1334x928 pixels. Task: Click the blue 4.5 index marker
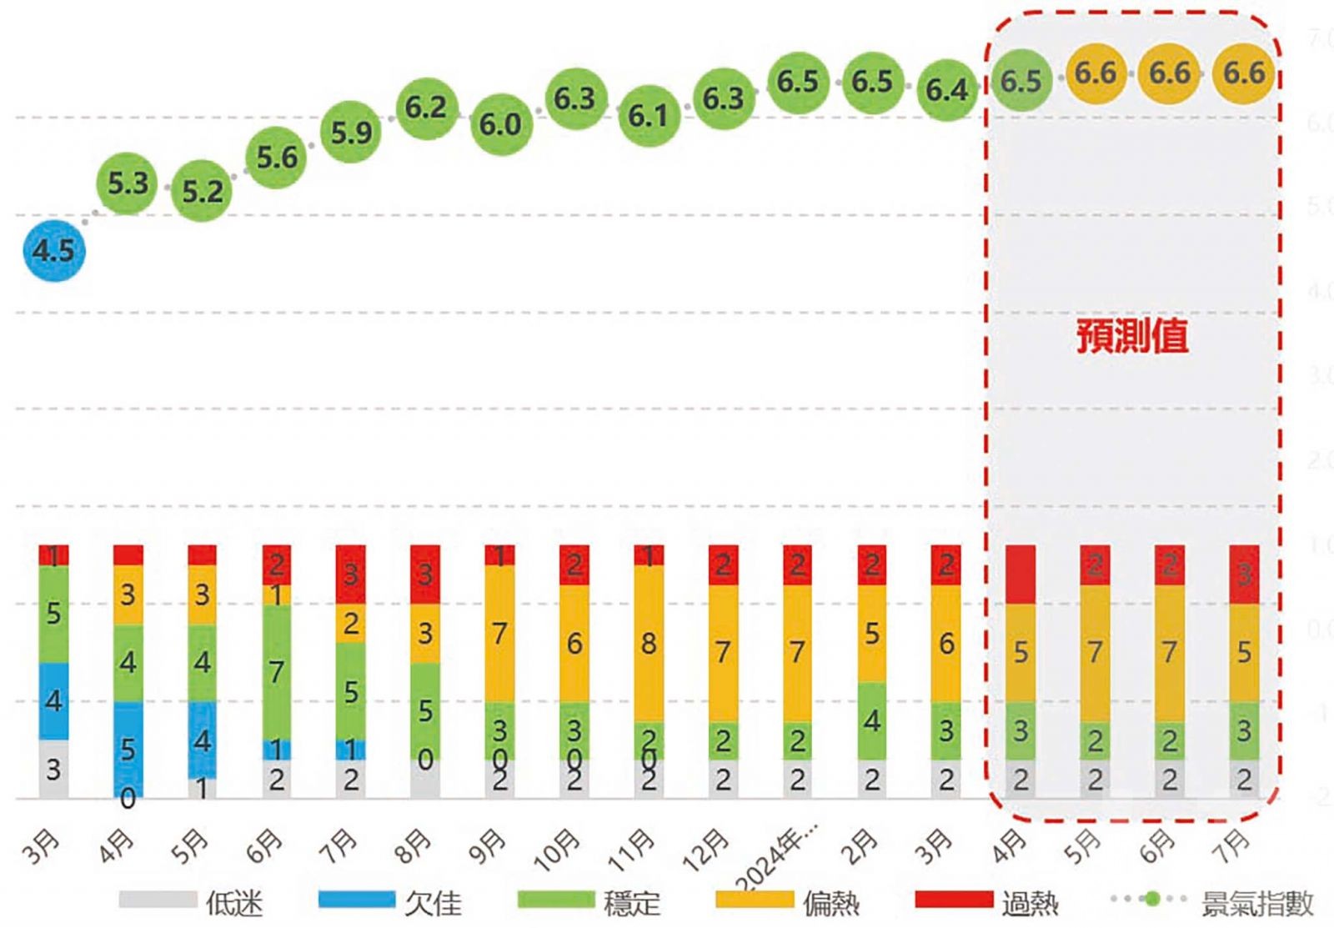[x=54, y=250]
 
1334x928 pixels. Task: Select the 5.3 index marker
[x=128, y=183]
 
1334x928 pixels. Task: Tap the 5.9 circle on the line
[x=351, y=132]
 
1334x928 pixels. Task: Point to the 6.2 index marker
[x=426, y=107]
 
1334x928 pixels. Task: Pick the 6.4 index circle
[x=947, y=89]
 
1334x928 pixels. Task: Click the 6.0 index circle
[x=500, y=124]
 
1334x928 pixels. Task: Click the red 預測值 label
[x=1131, y=336]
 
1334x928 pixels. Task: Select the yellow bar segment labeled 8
[x=649, y=643]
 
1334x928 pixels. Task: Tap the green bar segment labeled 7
[x=277, y=672]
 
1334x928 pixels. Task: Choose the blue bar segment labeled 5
[x=128, y=748]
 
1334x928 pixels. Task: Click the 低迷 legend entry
[x=191, y=901]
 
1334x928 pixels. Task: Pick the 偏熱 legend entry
[x=787, y=901]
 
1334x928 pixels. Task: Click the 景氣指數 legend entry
[x=1213, y=901]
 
